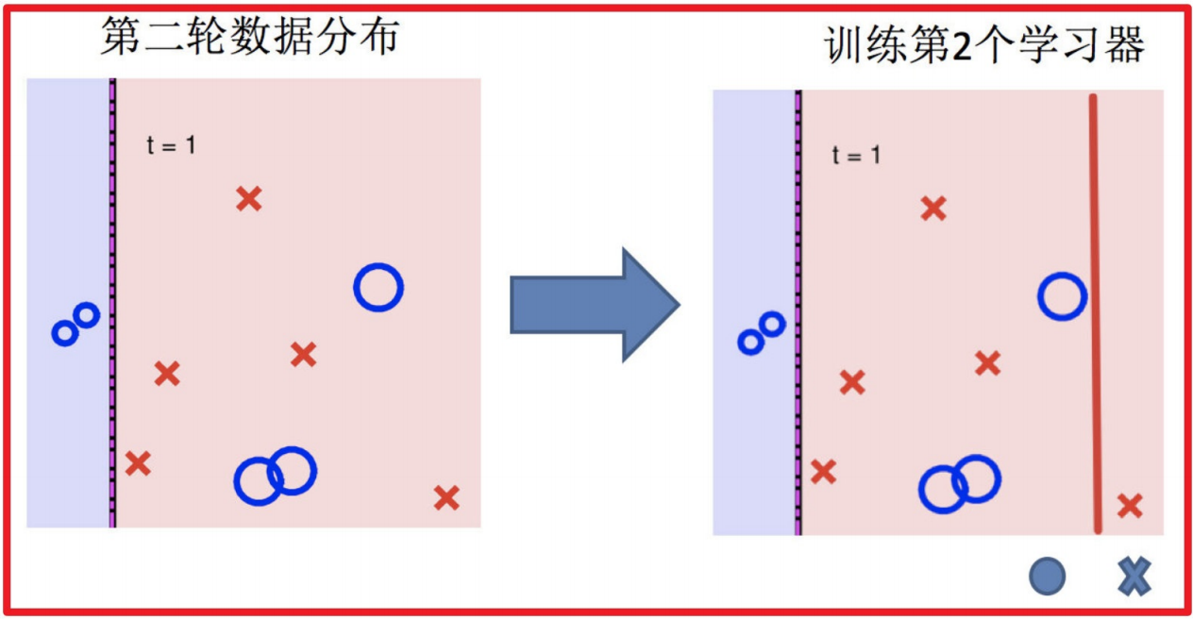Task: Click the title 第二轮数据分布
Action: point(250,38)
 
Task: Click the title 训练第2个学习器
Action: point(985,45)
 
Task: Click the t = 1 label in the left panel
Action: point(171,145)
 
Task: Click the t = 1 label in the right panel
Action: point(856,155)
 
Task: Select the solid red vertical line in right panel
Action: point(1095,311)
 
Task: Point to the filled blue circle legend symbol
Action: point(1048,576)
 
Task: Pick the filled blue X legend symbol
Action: point(1134,576)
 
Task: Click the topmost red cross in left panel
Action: point(248,198)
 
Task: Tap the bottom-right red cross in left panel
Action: point(446,497)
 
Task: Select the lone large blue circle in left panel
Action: point(378,287)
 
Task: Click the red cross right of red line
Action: point(1130,506)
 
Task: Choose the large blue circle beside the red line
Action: point(1063,296)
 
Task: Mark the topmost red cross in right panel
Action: point(933,209)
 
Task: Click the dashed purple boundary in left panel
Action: point(112,302)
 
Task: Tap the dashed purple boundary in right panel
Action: point(798,311)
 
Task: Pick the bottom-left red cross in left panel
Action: point(138,463)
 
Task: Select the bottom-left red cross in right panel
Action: point(823,472)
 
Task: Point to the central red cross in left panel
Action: point(303,354)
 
